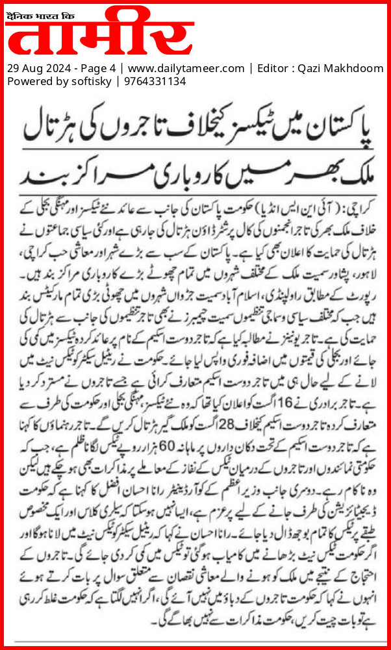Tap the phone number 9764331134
click(x=152, y=81)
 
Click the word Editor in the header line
click(x=273, y=68)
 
